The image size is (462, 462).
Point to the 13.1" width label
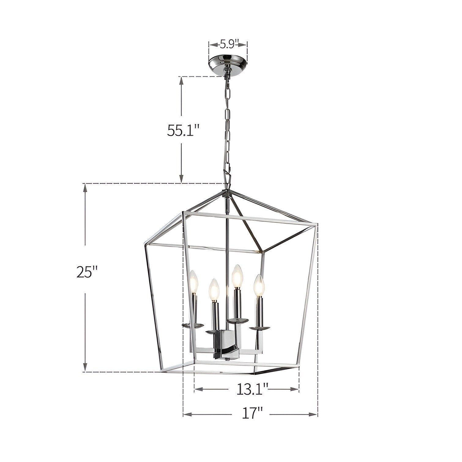252,389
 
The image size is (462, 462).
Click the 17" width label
251,415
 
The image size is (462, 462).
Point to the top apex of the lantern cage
227,192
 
